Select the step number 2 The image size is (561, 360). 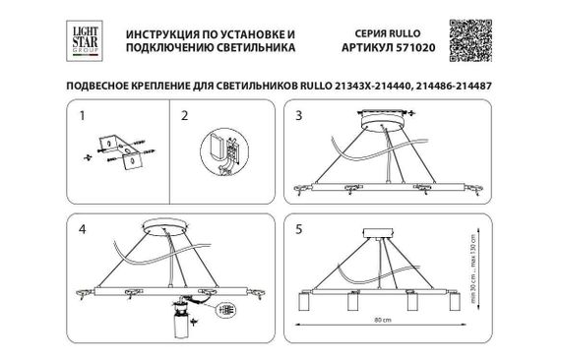183,115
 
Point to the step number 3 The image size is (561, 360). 300,115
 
